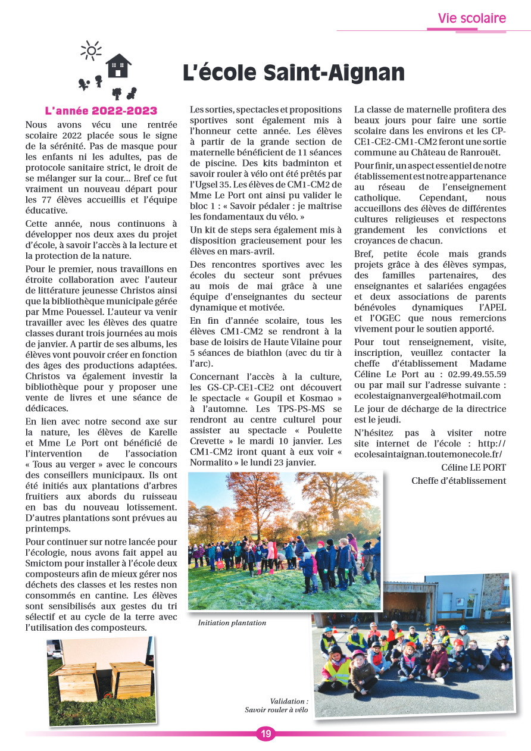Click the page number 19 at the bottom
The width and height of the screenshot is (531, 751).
[265, 734]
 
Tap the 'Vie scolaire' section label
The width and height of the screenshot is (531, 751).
[471, 18]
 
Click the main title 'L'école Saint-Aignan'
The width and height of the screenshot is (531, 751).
[293, 73]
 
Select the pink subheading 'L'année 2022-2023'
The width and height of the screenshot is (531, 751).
[101, 111]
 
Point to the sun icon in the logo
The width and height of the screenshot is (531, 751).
[91, 51]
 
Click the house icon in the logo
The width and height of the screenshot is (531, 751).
[118, 65]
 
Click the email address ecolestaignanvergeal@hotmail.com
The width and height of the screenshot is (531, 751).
[427, 396]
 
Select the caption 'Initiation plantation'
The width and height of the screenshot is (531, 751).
[232, 623]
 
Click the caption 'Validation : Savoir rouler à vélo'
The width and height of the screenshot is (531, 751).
[277, 706]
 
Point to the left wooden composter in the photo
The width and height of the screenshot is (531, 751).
[74, 683]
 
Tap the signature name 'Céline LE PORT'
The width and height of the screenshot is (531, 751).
[474, 468]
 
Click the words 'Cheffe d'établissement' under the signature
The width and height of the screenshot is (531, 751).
[458, 481]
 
